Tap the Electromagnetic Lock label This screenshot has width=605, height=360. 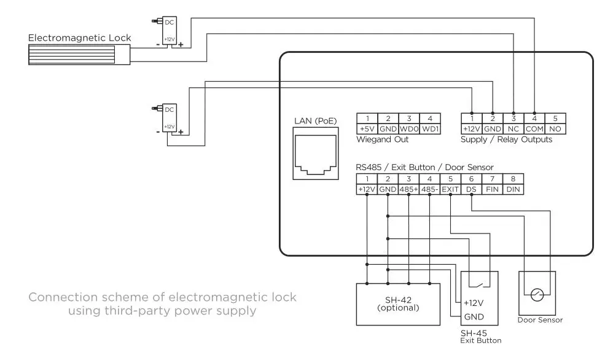coord(80,38)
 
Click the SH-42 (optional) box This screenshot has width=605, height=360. coord(398,304)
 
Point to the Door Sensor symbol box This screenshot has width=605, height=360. coord(537,293)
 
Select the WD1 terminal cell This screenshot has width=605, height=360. coord(429,129)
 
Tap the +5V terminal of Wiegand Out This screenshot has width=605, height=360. coord(366,129)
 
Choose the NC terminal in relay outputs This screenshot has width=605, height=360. coord(513,129)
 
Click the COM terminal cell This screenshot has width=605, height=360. coord(534,129)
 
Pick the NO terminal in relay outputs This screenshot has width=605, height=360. coord(555,129)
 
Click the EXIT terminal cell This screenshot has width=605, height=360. coord(450,190)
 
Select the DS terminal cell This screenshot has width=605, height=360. coord(471,190)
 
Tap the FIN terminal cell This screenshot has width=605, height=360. coord(492,190)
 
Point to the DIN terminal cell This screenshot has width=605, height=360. coord(513,190)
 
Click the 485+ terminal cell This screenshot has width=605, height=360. coord(408,190)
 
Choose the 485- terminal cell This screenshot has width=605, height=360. coord(429,190)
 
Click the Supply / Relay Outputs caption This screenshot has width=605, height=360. coord(506,140)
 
